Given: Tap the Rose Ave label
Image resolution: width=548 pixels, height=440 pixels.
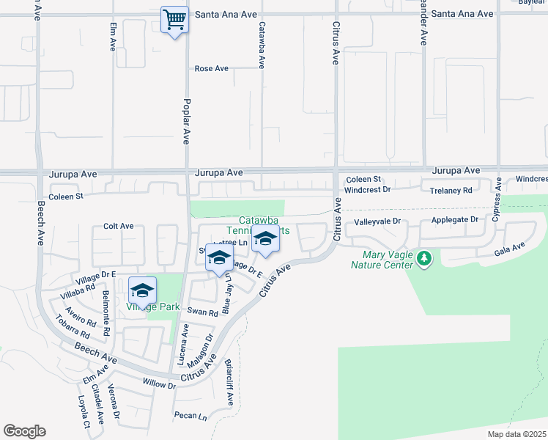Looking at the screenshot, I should (x=212, y=69).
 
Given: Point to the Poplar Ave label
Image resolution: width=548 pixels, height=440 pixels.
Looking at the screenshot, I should (x=186, y=120).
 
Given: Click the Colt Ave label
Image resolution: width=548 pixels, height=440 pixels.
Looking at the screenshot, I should (x=118, y=227).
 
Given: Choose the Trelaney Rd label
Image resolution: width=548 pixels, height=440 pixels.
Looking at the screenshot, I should (x=451, y=191).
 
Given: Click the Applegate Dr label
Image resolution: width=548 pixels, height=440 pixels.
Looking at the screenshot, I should (x=454, y=219).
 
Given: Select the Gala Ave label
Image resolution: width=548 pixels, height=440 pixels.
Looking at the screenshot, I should (x=511, y=250).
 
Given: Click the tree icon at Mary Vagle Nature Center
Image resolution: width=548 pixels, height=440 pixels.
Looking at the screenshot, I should (x=423, y=257).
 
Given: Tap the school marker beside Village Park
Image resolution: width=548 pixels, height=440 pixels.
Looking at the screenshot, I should (x=143, y=290).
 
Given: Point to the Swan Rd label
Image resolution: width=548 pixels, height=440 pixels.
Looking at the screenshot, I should (x=203, y=312).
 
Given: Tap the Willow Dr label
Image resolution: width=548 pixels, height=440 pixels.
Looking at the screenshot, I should (x=160, y=384).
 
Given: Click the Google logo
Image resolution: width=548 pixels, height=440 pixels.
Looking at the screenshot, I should (x=24, y=431).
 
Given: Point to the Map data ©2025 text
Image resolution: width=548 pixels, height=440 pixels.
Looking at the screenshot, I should (x=516, y=434).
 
